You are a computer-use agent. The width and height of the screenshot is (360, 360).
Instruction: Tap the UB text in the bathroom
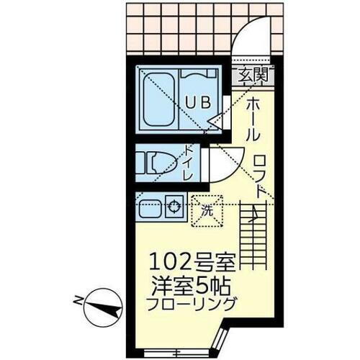coord(199,102)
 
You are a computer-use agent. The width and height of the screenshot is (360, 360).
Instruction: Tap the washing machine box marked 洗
coord(207,211)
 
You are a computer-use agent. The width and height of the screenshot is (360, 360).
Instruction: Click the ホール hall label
coord(254,120)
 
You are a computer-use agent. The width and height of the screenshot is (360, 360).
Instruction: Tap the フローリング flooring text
coord(192,304)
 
